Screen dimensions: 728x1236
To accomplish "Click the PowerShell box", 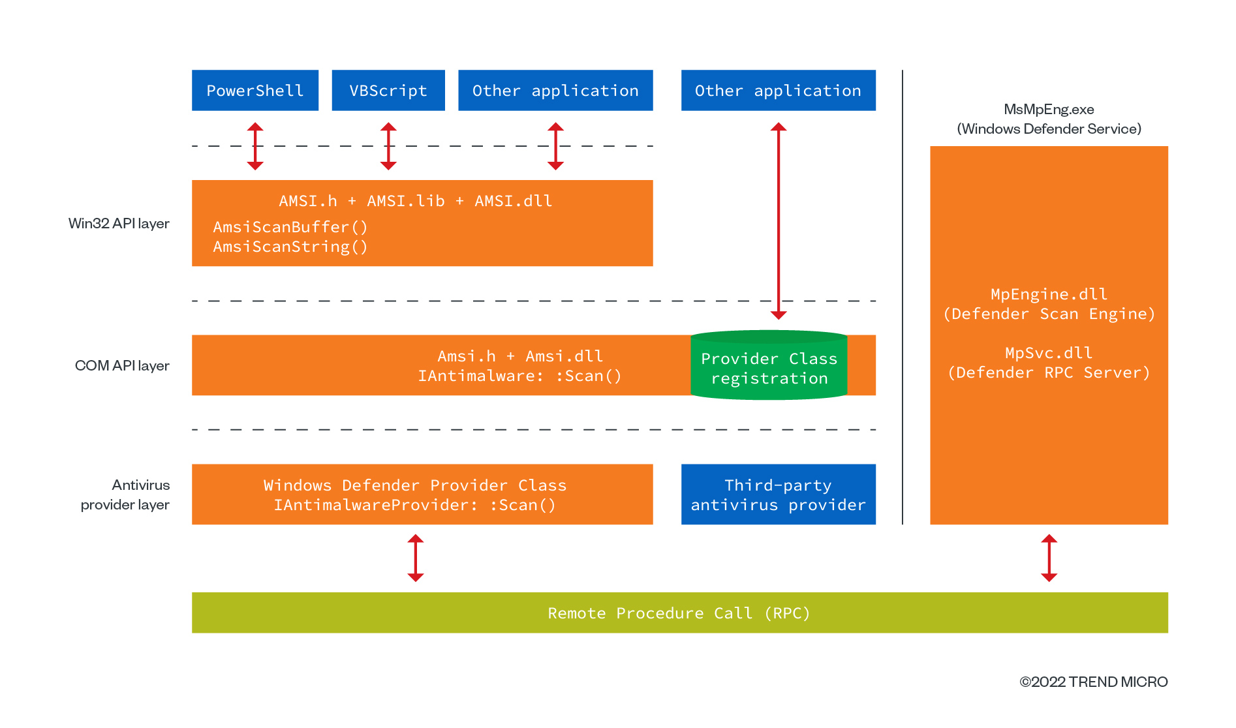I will tap(255, 90).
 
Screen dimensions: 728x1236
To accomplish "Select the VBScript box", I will tap(388, 90).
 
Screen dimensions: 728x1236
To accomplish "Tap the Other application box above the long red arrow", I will tap(778, 90).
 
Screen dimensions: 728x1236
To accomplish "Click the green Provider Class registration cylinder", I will tap(769, 368).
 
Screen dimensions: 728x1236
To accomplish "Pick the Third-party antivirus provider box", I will tap(778, 494).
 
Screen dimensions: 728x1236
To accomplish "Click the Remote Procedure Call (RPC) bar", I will tap(679, 613).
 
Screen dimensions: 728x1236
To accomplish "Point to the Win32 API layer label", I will tap(119, 224).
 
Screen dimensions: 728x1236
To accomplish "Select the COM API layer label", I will tap(122, 365).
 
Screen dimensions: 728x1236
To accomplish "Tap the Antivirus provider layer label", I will tap(125, 494).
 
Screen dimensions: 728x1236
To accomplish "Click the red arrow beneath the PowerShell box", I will tap(255, 147).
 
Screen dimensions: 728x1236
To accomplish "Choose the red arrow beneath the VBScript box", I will tap(388, 147).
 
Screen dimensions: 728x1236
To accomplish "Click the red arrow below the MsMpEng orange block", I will tap(1049, 558).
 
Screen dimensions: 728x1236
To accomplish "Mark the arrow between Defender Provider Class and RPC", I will tap(416, 558).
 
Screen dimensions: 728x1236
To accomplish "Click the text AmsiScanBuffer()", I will tap(290, 227).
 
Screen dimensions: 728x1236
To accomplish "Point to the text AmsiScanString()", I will tap(290, 247).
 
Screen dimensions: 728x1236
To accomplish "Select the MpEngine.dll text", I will tap(1049, 294).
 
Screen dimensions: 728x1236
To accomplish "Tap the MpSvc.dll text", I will tap(1049, 353).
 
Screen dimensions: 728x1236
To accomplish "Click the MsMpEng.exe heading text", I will tap(1049, 110).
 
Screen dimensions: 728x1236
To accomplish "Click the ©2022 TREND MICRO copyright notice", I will tap(1093, 682).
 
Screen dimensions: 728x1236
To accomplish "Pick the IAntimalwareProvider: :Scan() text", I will tap(415, 505).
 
